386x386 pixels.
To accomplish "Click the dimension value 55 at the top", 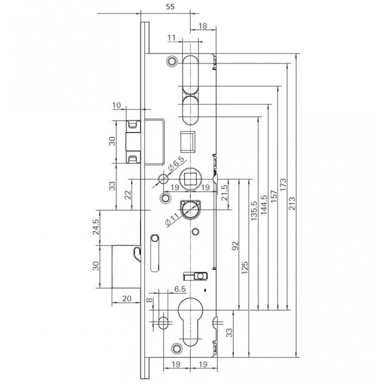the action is click(170, 7).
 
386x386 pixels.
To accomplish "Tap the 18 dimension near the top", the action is click(203, 26).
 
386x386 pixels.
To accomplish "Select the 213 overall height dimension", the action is click(292, 203).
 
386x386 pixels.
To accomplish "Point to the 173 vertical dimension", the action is click(283, 185).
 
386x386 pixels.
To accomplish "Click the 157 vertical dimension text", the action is click(274, 196).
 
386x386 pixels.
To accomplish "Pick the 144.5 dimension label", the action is click(264, 205).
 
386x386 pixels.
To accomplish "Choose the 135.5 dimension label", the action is click(254, 211).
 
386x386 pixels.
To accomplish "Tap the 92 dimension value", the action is click(235, 246).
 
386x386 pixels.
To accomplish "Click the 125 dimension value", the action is click(245, 268).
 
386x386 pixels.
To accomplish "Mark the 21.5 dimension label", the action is click(224, 192).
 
